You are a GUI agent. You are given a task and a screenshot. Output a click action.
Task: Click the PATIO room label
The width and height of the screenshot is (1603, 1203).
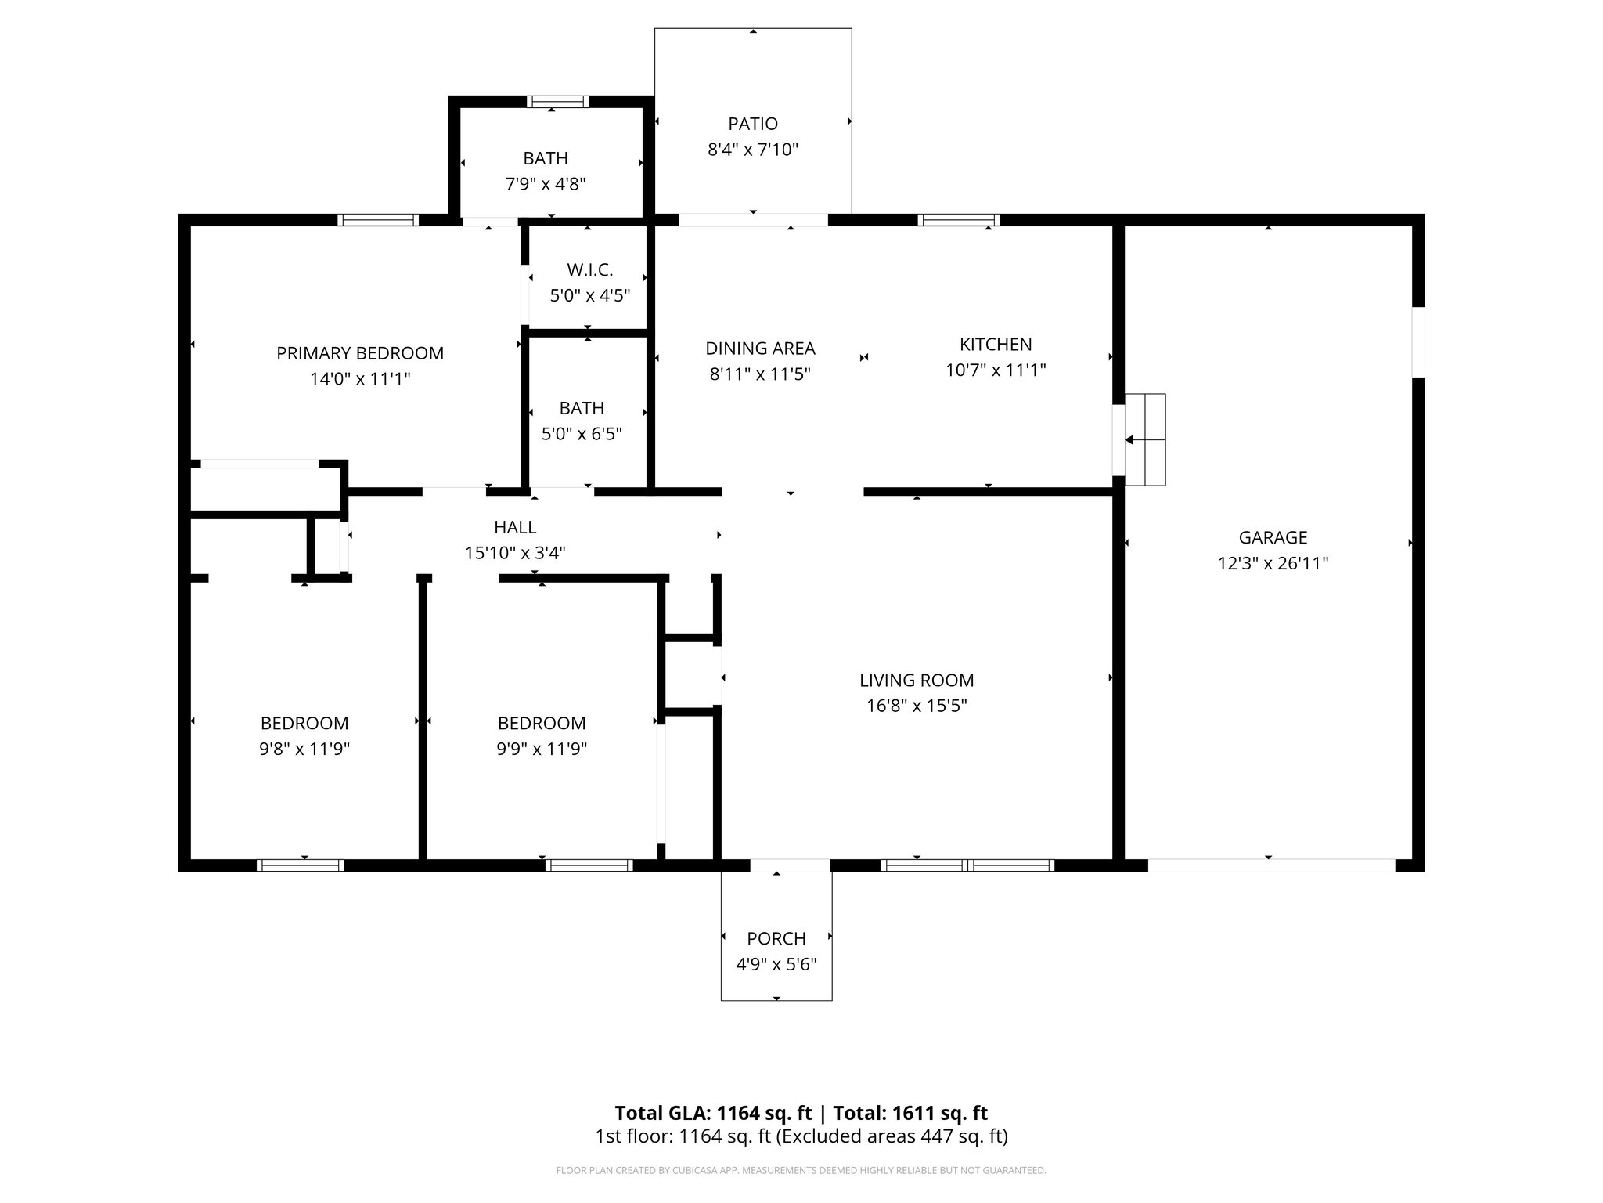753,124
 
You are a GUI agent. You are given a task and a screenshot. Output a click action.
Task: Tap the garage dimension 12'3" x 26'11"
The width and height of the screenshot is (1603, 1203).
1273,563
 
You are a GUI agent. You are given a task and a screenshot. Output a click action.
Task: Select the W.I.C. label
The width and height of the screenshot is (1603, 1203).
589,270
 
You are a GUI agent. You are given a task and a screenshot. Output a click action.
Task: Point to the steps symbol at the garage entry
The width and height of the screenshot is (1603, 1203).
1145,439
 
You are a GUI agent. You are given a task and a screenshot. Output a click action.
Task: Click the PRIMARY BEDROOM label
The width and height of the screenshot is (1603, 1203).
360,353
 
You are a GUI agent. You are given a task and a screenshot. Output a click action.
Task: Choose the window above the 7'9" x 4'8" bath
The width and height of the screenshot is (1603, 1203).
557,102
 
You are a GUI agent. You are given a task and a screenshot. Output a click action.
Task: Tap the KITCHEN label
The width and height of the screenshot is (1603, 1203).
996,345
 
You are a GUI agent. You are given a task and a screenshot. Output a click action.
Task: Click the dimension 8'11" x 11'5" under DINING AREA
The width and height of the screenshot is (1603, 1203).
759,374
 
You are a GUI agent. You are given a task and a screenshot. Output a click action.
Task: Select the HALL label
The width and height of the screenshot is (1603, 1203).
515,527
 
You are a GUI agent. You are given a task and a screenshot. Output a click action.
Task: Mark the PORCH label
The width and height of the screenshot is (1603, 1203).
776,938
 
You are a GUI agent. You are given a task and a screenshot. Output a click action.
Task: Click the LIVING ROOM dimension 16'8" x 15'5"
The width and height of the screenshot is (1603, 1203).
917,706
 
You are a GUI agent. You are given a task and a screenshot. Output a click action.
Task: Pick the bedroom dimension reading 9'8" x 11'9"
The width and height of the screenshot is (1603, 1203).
304,749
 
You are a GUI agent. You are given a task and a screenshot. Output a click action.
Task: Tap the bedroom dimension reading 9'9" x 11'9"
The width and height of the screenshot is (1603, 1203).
542,749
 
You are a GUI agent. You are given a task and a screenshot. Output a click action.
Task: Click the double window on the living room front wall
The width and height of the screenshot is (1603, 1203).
967,865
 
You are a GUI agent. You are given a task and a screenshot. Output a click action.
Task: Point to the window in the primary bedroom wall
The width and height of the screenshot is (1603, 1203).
377,220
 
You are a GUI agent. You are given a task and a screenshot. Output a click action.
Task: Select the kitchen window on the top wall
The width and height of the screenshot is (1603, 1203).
958,220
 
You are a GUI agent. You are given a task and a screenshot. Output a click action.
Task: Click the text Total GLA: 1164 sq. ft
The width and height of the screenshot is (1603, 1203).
713,1113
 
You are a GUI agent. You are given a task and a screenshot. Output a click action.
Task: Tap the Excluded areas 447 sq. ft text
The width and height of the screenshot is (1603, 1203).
892,1136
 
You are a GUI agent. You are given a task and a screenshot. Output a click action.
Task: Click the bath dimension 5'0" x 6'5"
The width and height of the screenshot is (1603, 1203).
582,434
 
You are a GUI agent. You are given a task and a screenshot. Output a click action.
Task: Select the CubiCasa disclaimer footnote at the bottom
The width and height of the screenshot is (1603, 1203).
801,1171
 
